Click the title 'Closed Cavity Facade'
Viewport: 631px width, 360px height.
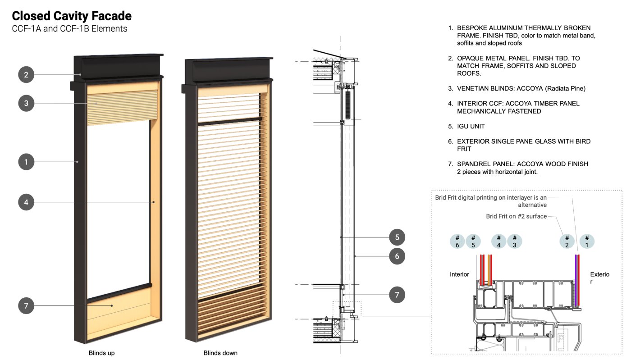click(72, 16)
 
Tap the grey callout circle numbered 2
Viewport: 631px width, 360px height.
click(26, 75)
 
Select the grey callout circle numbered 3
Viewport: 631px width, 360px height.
click(26, 103)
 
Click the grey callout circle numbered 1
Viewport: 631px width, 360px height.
click(26, 162)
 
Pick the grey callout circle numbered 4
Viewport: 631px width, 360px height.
click(26, 202)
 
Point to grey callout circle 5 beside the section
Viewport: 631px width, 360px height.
click(397, 237)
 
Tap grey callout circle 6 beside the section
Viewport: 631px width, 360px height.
click(397, 256)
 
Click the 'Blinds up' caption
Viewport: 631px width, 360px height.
click(101, 353)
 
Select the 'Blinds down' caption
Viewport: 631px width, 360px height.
click(220, 353)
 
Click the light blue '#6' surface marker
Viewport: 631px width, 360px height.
click(457, 242)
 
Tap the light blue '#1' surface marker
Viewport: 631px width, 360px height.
click(587, 242)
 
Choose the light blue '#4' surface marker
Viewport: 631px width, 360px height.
click(498, 242)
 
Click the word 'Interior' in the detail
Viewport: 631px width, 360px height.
click(459, 274)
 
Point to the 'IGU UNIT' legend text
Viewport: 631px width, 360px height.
click(471, 126)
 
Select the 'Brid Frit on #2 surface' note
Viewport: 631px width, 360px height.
click(517, 216)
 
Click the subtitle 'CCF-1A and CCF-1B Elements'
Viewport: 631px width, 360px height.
click(69, 29)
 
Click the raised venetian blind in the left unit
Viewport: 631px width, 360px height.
click(122, 108)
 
